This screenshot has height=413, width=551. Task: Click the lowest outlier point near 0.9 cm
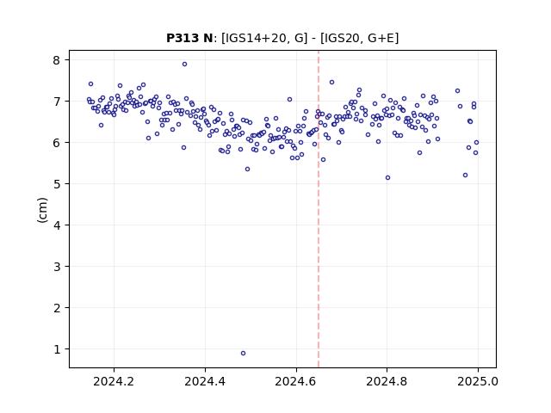(x=243, y=354)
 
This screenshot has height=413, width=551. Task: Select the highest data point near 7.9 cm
(x=184, y=65)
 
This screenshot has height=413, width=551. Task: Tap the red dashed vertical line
(x=319, y=209)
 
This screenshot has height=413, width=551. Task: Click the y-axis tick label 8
(x=57, y=60)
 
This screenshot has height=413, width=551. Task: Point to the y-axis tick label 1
(x=57, y=349)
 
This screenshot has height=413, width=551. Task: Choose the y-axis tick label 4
(x=57, y=225)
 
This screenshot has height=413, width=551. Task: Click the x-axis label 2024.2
(x=114, y=381)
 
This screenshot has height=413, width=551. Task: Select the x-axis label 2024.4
(x=205, y=381)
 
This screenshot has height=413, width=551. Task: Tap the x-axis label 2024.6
(x=296, y=381)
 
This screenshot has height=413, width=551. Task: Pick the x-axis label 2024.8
(x=387, y=381)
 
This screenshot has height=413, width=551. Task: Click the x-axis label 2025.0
(x=478, y=381)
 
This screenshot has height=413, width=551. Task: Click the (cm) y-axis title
(x=42, y=210)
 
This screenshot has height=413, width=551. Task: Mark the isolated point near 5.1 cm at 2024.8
(x=387, y=178)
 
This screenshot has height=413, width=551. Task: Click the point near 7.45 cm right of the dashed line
(x=331, y=83)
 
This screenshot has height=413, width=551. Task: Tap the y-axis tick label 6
(x=57, y=143)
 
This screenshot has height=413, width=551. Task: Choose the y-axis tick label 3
(x=57, y=267)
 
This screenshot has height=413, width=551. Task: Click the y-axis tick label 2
(x=57, y=308)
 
